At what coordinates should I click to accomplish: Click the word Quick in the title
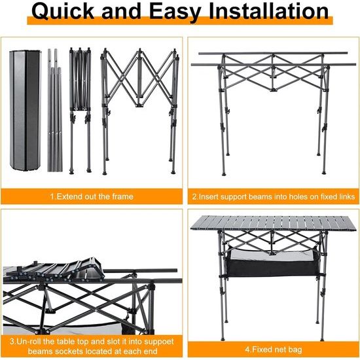click(x=63, y=11)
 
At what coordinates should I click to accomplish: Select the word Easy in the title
click(x=175, y=12)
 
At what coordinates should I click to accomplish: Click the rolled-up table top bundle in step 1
click(x=26, y=111)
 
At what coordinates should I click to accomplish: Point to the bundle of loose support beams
click(x=54, y=110)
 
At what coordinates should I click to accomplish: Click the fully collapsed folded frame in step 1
click(x=80, y=110)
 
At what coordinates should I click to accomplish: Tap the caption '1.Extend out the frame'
click(x=92, y=196)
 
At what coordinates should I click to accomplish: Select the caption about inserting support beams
click(x=274, y=197)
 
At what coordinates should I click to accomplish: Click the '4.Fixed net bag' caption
click(x=274, y=350)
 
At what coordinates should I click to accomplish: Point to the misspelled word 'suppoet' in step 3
click(x=158, y=342)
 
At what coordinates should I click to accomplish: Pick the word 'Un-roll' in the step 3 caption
click(x=29, y=341)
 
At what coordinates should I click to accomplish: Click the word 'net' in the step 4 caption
click(x=276, y=350)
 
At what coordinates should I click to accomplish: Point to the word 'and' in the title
click(x=122, y=11)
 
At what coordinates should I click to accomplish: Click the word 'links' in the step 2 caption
click(x=347, y=197)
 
